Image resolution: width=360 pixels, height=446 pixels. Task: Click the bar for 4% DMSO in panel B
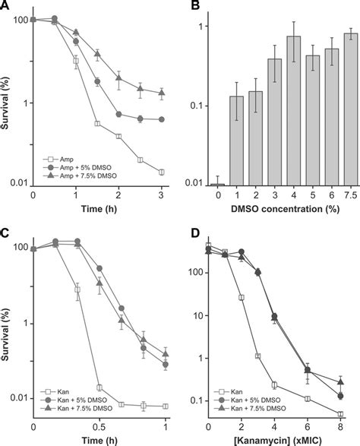click(x=294, y=111)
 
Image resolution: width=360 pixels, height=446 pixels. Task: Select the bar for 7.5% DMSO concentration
click(x=351, y=109)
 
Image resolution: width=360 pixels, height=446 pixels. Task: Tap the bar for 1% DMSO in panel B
click(x=237, y=141)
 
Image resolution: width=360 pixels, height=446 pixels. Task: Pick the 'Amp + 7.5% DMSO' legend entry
click(x=80, y=176)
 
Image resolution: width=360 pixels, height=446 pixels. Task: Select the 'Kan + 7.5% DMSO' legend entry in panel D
click(x=250, y=408)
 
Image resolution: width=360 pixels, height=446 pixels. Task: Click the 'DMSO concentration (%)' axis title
click(x=286, y=209)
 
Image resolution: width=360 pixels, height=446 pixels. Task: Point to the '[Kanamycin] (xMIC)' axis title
click(x=278, y=441)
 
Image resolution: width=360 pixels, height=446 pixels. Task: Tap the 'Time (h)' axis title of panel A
click(x=99, y=209)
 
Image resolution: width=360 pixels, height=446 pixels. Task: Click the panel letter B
click(x=195, y=5)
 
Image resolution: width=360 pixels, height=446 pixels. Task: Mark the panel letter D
click(x=195, y=233)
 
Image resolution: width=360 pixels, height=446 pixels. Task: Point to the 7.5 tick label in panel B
click(x=351, y=195)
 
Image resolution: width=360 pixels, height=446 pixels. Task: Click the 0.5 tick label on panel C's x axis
click(x=99, y=427)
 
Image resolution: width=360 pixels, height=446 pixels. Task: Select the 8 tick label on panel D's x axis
click(x=341, y=427)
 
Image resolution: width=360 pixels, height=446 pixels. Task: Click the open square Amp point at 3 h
click(x=162, y=172)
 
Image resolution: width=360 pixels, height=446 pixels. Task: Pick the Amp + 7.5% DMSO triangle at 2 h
click(x=119, y=77)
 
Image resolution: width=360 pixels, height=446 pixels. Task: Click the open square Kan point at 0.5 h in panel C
click(x=99, y=387)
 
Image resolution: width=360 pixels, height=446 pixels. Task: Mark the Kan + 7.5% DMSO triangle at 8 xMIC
click(x=341, y=382)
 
